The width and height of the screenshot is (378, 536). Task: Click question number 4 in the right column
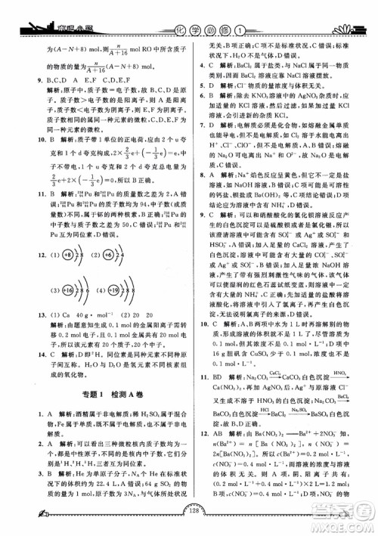[x=199, y=66]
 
